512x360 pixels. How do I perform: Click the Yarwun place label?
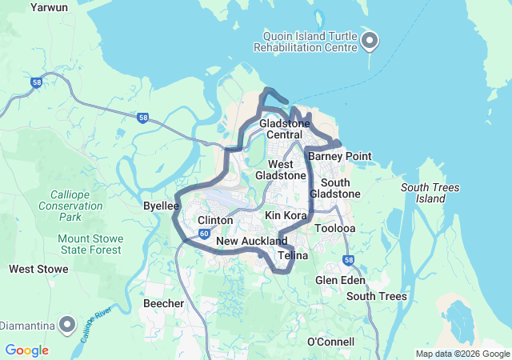click(x=49, y=7)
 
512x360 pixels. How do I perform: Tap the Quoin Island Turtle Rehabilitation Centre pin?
click(x=370, y=40)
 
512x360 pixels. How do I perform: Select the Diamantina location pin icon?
click(x=68, y=326)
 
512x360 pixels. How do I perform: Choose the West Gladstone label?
click(x=280, y=170)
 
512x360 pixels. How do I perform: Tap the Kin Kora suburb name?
click(x=286, y=216)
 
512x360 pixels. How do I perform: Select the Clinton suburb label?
click(x=215, y=220)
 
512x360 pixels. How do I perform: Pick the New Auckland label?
click(x=251, y=241)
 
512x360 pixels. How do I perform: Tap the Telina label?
click(x=293, y=256)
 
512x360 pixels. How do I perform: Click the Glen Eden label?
click(x=338, y=280)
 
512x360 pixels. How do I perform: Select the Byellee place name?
click(x=160, y=206)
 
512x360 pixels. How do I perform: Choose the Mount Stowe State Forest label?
click(x=90, y=244)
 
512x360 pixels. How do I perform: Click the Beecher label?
click(x=163, y=303)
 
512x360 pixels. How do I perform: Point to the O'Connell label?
click(x=331, y=342)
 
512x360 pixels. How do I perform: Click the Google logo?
click(x=26, y=350)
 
